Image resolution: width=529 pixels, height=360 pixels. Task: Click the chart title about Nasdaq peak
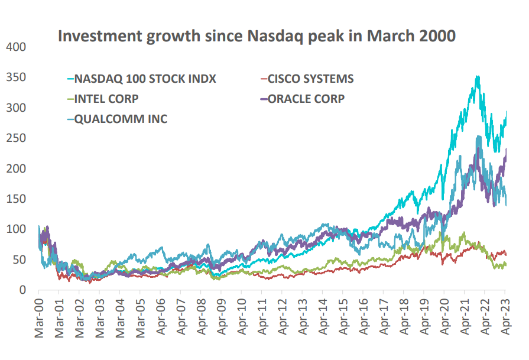(x=257, y=36)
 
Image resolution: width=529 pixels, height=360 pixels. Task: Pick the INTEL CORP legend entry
(x=107, y=99)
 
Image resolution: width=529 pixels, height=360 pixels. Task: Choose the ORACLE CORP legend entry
(x=306, y=99)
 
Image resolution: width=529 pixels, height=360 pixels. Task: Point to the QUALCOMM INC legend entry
(x=121, y=119)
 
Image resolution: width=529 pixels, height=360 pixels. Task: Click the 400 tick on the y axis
(x=16, y=47)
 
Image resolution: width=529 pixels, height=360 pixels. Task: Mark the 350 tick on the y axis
(x=16, y=77)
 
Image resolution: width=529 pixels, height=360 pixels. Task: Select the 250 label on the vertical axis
(x=16, y=138)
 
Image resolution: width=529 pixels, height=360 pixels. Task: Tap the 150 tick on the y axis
(x=16, y=199)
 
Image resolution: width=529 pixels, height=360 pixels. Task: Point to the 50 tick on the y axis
(x=20, y=260)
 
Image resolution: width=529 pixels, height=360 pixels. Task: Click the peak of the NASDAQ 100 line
(x=477, y=76)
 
